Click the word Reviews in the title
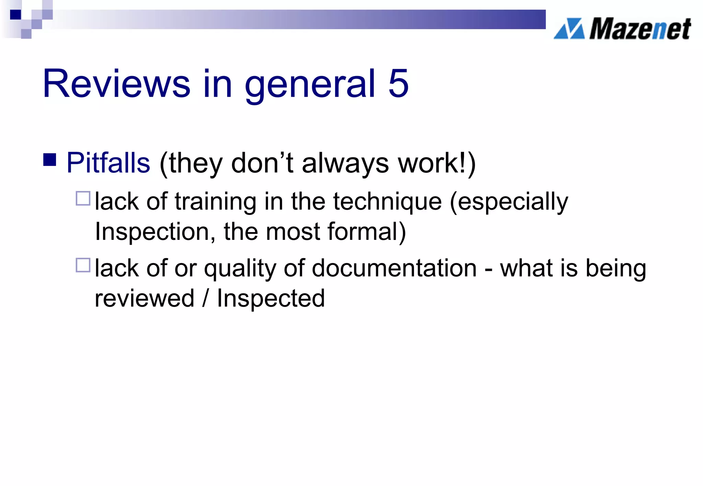click(116, 84)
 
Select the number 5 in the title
click(399, 84)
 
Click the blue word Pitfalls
click(108, 163)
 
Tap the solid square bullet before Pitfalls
click(50, 160)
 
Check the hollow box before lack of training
click(83, 198)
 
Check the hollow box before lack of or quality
click(83, 265)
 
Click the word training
click(216, 202)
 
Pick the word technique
click(388, 202)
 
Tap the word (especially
click(509, 202)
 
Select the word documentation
click(394, 268)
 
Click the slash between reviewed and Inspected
click(205, 298)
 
